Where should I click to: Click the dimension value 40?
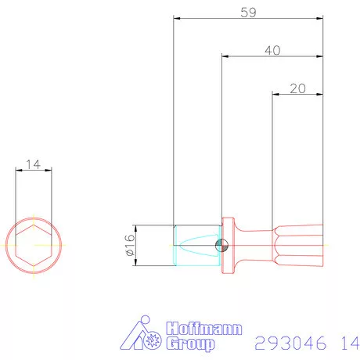[272, 49]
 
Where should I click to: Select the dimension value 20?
[297, 88]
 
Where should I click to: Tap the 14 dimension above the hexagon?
[33, 164]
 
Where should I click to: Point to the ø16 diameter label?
[129, 244]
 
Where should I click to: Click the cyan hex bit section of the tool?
[194, 245]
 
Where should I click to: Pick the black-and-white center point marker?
[222, 245]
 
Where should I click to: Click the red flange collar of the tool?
[228, 245]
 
